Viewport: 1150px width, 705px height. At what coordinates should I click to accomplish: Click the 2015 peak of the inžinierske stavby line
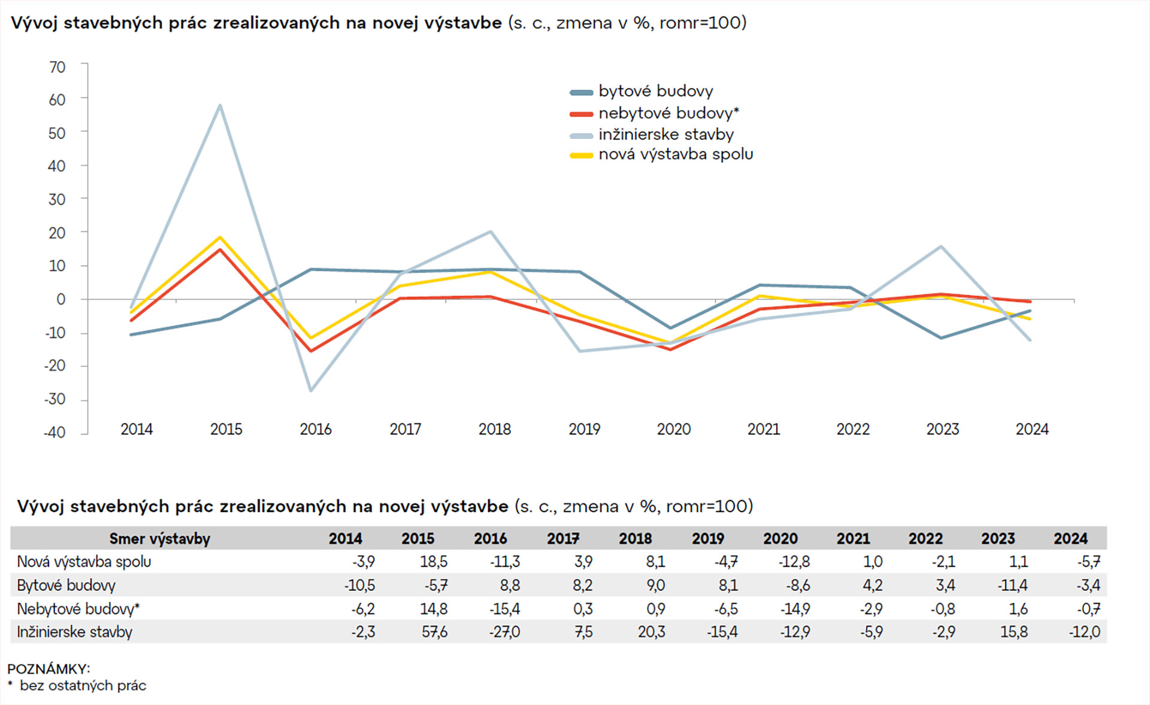click(220, 106)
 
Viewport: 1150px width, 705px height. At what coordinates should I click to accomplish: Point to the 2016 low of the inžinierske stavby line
click(310, 390)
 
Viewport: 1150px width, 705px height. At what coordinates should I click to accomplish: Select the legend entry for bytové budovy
click(655, 92)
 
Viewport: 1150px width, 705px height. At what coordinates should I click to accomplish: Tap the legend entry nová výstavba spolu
click(675, 154)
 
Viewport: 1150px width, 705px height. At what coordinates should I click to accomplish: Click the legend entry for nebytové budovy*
click(668, 113)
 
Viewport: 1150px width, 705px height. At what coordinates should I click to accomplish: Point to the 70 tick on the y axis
click(57, 67)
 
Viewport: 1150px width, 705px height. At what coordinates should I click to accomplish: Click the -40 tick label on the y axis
click(55, 432)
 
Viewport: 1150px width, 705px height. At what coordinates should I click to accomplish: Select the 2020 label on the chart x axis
click(674, 429)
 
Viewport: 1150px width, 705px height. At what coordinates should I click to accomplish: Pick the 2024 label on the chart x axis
click(1032, 429)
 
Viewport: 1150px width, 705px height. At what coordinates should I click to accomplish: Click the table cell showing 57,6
click(434, 632)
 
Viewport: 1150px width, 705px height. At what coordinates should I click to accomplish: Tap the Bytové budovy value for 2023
click(1012, 585)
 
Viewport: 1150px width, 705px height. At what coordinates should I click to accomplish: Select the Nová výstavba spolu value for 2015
click(434, 562)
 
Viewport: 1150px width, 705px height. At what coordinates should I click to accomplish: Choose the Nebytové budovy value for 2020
click(795, 609)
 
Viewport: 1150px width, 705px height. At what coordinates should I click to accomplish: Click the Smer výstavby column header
click(159, 539)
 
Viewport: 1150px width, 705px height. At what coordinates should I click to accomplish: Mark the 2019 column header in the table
click(708, 539)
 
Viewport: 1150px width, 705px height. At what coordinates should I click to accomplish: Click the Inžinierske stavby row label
click(75, 632)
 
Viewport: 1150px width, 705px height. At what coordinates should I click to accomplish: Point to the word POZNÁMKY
click(49, 668)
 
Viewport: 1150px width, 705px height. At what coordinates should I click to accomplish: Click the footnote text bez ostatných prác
click(83, 686)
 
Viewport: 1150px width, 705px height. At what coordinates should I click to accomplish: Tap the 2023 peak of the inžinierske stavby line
click(941, 247)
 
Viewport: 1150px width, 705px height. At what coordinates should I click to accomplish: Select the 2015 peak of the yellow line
click(220, 238)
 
